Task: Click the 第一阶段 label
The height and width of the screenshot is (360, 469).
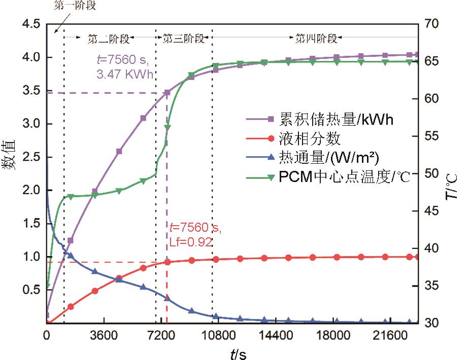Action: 74,6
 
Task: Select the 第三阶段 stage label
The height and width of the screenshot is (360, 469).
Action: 183,38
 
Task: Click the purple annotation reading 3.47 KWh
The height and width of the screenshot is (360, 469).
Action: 125,74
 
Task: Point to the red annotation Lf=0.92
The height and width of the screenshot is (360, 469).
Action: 190,242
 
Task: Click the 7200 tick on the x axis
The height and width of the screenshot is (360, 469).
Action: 160,336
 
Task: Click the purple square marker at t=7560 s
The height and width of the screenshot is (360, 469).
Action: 167,93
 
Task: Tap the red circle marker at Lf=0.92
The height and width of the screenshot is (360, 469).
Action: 167,262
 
